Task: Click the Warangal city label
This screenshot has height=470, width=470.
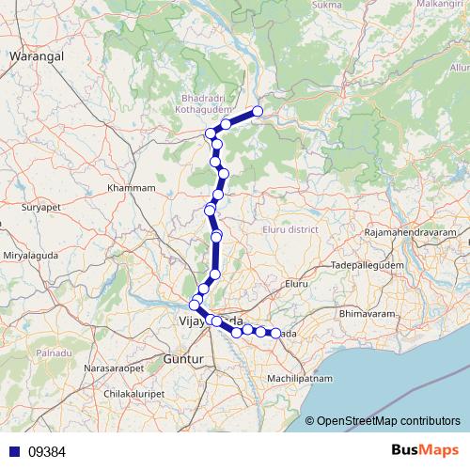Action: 36,56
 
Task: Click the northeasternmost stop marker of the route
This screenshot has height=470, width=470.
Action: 257,112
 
